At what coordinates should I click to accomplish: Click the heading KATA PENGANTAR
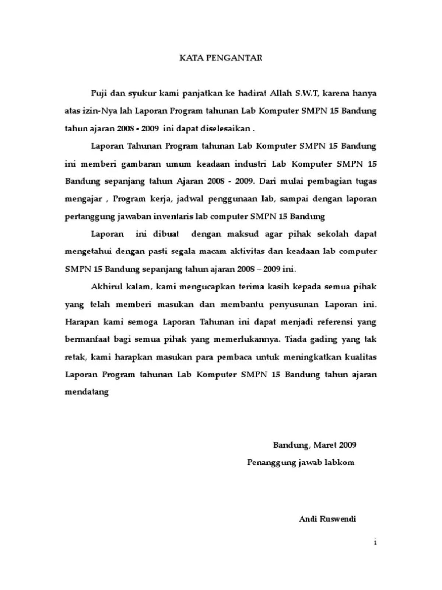click(x=221, y=58)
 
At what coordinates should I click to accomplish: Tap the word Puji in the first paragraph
click(x=99, y=94)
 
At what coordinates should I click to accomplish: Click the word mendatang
click(x=87, y=392)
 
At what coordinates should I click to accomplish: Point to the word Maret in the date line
click(x=325, y=445)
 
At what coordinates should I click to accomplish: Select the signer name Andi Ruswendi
click(x=327, y=520)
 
